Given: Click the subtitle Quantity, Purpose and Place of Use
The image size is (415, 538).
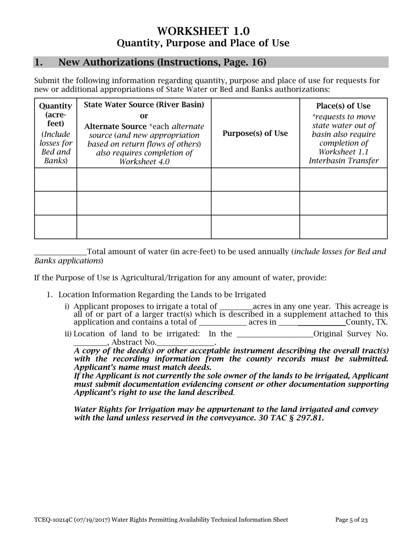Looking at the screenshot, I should point(203,43).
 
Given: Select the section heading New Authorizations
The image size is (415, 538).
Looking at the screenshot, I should point(162,62).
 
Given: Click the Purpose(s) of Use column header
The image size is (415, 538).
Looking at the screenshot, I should point(255,133).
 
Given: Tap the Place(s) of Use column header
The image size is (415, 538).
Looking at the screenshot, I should point(343,106).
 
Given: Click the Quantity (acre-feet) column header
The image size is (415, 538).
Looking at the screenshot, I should point(55,115).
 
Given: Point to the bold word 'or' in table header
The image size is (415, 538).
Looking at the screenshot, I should point(144,116).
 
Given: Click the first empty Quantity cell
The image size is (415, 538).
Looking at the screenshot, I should point(55,179).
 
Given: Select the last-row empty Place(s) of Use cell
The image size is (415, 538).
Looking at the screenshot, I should point(343,227).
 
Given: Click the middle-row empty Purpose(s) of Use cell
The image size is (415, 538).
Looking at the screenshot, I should point(255,203).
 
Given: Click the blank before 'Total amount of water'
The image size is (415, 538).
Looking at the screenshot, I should point(60,252).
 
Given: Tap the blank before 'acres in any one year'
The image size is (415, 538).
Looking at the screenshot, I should point(235,307).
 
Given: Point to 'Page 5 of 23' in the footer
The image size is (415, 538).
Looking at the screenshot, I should point(351,520).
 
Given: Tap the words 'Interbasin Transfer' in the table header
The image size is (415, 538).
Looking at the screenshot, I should point(343,161).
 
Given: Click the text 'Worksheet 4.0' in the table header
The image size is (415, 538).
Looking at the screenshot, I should point(144,162).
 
